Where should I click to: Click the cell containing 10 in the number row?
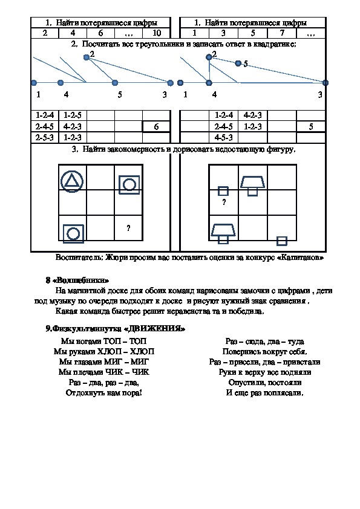(x=157, y=33)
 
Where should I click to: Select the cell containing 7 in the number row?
(x=282, y=33)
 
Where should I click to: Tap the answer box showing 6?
(x=156, y=126)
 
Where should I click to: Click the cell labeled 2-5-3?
(x=45, y=138)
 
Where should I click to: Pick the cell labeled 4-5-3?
(x=223, y=138)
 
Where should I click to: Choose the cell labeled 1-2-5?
(x=73, y=115)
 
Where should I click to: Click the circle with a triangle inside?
(x=72, y=181)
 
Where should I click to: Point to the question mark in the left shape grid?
(x=128, y=229)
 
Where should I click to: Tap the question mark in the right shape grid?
(x=224, y=203)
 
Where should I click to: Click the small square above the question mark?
(x=223, y=191)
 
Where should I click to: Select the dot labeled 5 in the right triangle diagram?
(x=238, y=63)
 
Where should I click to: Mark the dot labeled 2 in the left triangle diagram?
(x=87, y=57)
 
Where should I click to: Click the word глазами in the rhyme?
(x=88, y=362)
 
